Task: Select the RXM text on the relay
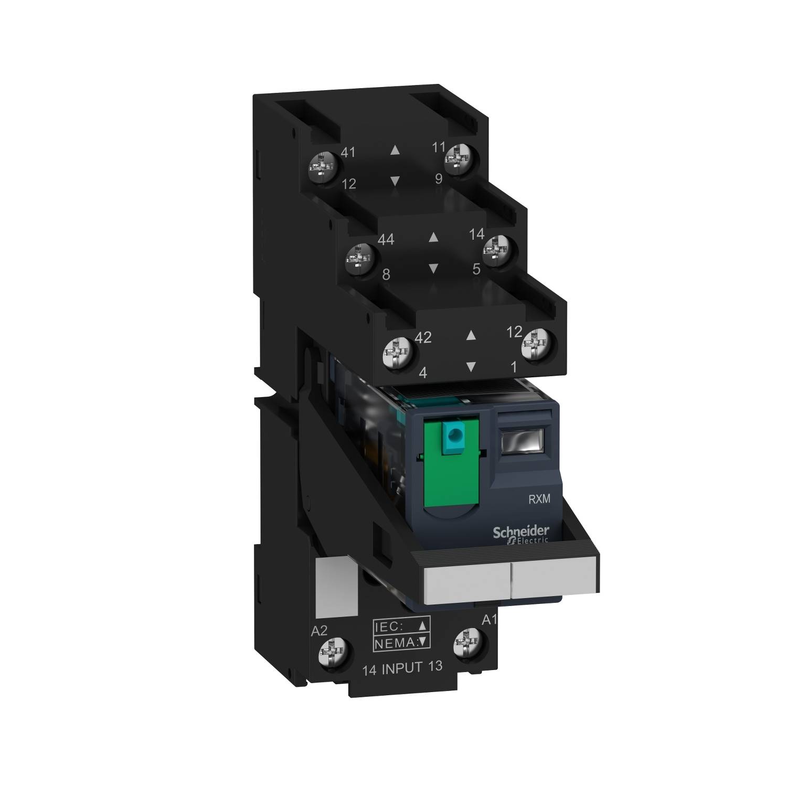coord(539,499)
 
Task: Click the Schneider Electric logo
coord(520,534)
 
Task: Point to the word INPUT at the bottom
coord(402,668)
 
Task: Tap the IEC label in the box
coord(389,625)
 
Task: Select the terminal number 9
coord(439,179)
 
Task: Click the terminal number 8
coord(386,274)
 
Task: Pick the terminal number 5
coord(476,269)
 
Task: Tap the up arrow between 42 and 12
coord(471,334)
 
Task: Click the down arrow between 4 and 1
coord(471,367)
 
